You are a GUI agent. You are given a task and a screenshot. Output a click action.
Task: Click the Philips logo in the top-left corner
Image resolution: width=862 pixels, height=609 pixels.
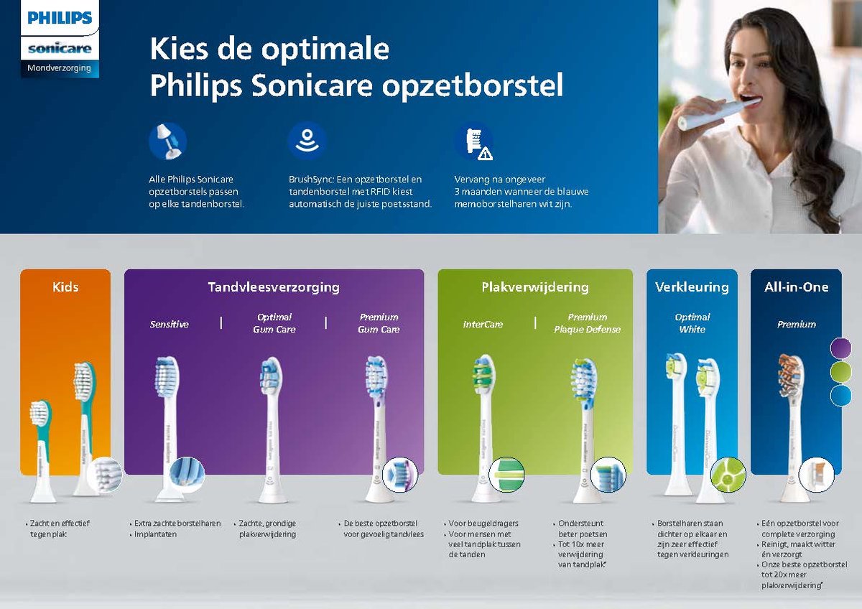click(60, 18)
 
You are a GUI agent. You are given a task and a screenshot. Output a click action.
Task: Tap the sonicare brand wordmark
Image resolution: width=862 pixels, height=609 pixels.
click(60, 48)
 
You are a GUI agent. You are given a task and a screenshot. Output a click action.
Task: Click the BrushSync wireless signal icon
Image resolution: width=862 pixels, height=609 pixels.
click(307, 140)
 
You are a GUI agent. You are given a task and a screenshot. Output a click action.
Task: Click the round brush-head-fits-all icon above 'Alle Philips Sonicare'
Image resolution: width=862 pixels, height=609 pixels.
click(167, 141)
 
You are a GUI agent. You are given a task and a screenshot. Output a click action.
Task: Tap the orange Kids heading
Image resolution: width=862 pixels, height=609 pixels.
click(65, 287)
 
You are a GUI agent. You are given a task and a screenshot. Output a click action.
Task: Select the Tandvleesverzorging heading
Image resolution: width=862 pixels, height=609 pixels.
click(274, 287)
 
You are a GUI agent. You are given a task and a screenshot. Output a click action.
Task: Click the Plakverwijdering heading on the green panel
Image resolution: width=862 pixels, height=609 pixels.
click(534, 287)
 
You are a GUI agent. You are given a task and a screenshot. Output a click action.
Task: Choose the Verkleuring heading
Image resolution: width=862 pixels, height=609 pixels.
click(692, 287)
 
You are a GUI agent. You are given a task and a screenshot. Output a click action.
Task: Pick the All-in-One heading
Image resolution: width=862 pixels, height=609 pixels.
click(796, 287)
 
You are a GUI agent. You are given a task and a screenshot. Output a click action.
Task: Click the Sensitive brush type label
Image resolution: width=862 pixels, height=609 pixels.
click(170, 325)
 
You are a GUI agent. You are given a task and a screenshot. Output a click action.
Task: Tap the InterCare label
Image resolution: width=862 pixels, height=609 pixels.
click(483, 325)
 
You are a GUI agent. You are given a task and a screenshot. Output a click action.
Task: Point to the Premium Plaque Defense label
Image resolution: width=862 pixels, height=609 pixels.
click(587, 323)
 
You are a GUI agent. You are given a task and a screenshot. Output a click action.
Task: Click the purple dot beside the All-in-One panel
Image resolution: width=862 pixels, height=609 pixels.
click(840, 348)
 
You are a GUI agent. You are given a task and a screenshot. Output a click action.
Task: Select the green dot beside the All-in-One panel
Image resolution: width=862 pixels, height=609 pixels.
click(840, 372)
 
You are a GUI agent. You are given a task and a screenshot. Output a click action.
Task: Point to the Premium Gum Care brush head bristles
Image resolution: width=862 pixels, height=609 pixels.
click(376, 376)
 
